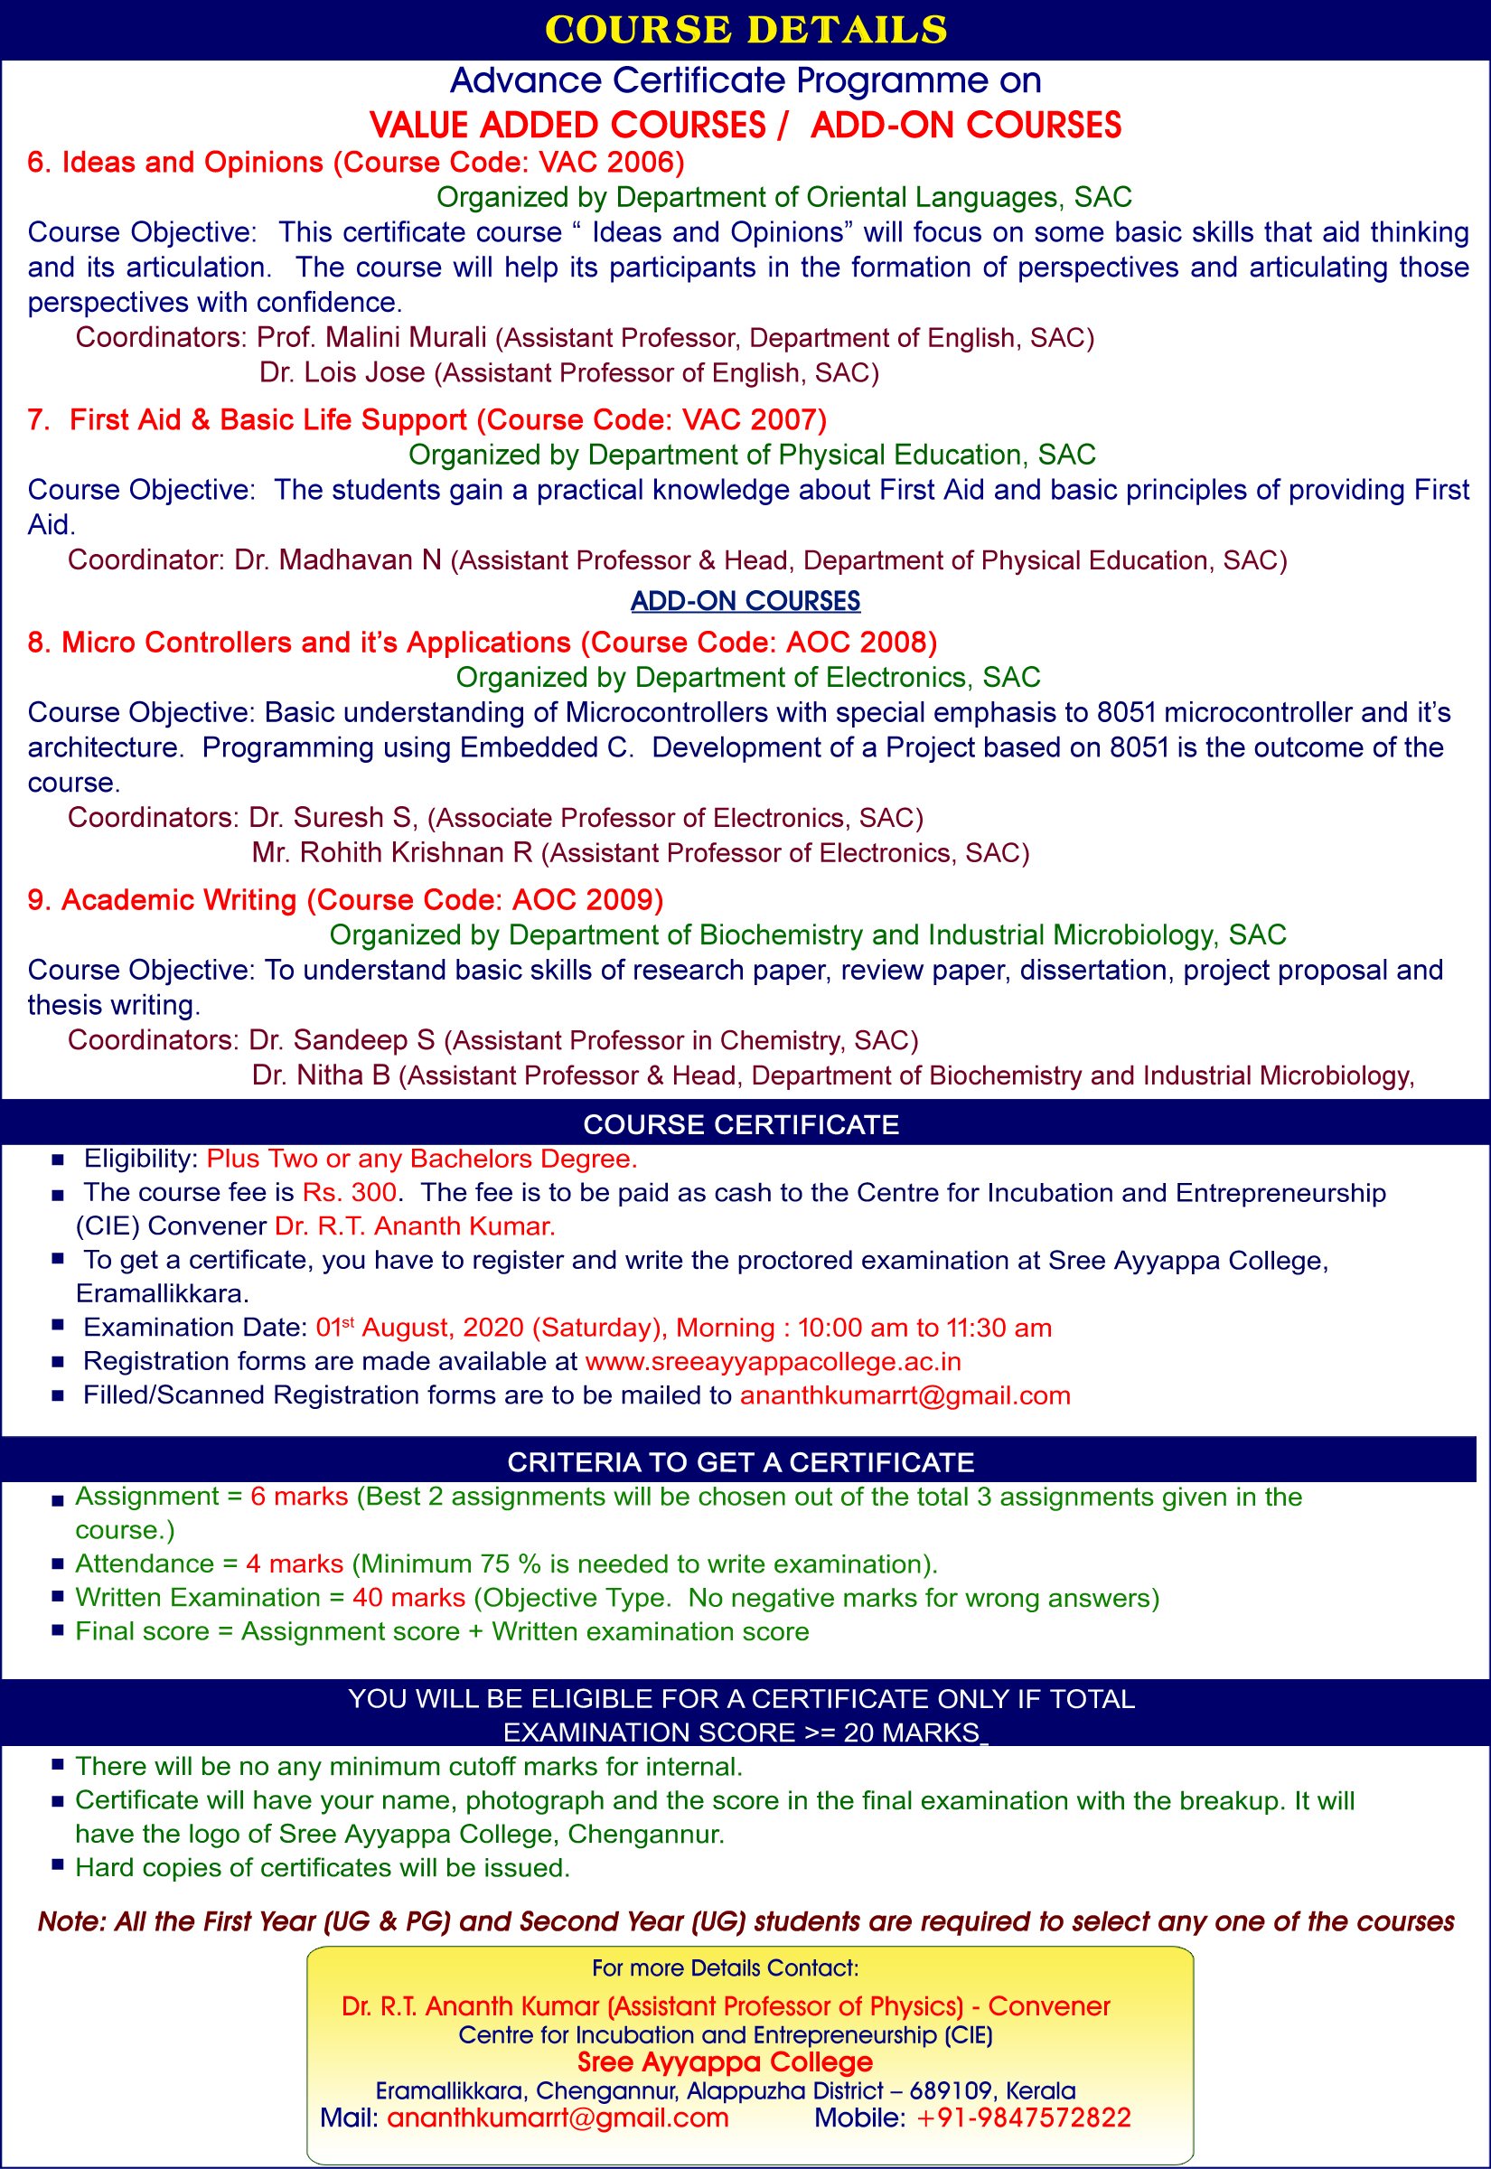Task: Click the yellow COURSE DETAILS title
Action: (745, 30)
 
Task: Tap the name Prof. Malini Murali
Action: (371, 337)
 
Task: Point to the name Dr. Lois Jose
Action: (342, 372)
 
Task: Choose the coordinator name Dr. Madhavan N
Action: (337, 560)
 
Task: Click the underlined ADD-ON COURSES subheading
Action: (745, 601)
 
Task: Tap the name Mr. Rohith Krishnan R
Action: (392, 853)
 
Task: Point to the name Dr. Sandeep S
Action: (342, 1039)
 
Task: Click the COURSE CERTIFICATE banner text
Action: (741, 1123)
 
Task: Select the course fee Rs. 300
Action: (350, 1193)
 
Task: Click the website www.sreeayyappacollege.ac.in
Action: (773, 1361)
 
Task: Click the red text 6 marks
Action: (299, 1497)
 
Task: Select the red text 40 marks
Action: (409, 1597)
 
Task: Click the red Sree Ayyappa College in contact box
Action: (725, 2061)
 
